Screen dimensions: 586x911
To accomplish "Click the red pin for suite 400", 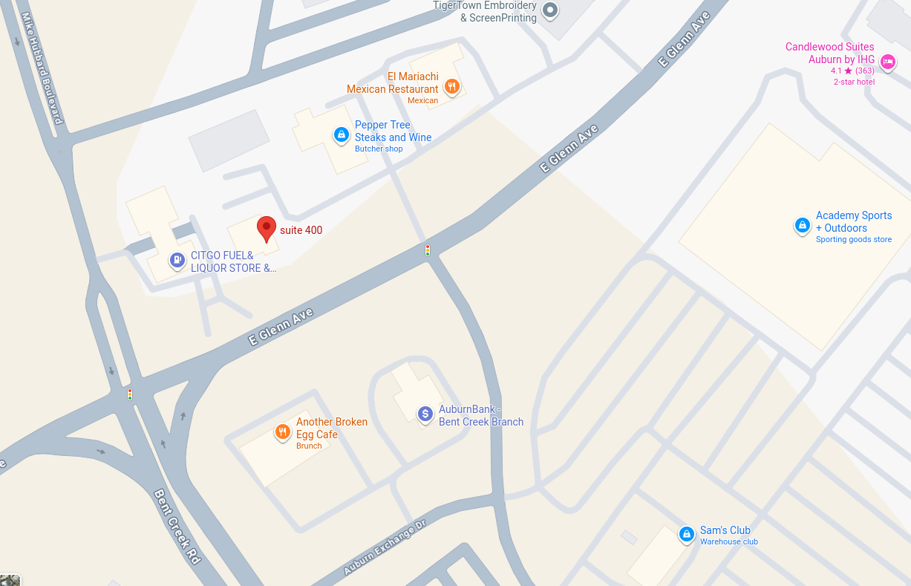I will point(266,228).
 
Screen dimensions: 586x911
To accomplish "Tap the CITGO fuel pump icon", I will point(177,260).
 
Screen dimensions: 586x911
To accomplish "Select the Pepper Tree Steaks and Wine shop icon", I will point(341,134).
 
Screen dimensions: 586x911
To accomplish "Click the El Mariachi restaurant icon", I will point(451,86).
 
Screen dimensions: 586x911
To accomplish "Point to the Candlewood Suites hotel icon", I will point(886,61).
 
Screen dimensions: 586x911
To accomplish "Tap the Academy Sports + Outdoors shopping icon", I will point(802,224).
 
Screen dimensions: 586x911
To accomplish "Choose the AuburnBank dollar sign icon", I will point(425,414).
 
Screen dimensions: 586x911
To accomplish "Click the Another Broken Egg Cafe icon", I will point(282,432).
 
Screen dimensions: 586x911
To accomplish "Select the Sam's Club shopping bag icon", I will point(687,534).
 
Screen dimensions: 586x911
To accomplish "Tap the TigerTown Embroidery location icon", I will point(550,10).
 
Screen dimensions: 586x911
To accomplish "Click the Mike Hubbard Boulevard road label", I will point(44,71).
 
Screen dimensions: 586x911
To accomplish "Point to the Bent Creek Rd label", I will point(177,526).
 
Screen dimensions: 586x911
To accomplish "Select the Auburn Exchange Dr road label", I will point(385,548).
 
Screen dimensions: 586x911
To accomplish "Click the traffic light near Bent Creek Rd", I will point(130,394).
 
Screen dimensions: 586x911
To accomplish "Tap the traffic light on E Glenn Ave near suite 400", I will point(428,250).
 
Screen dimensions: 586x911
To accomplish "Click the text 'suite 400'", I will point(301,230).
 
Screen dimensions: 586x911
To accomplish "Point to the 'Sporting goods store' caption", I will point(853,240).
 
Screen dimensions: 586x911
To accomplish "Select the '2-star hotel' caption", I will point(854,82).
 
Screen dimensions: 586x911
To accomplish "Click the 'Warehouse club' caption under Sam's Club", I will point(728,542).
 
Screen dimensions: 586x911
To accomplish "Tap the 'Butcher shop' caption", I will point(379,149).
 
